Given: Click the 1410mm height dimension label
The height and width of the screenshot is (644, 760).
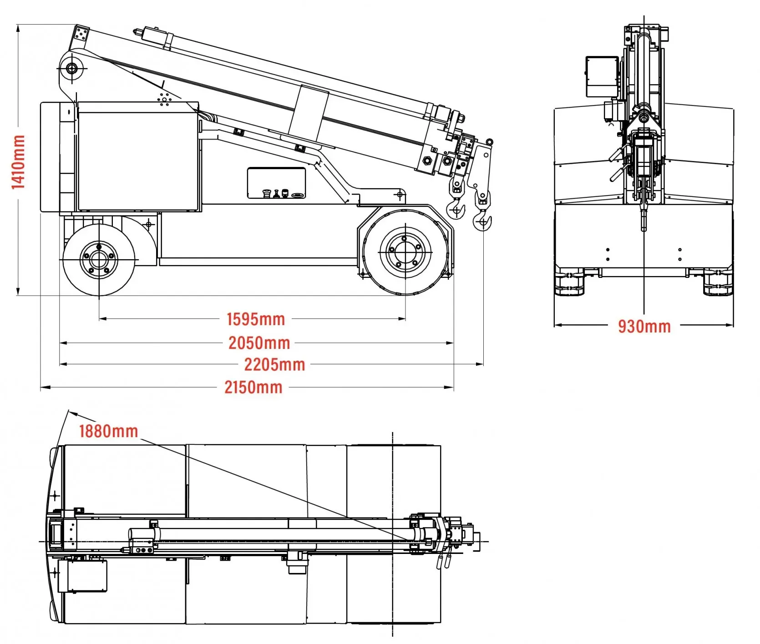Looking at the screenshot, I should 18,162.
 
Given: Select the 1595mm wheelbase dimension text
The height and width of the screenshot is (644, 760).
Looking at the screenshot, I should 256,319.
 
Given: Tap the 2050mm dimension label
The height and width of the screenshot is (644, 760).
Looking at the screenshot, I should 259,343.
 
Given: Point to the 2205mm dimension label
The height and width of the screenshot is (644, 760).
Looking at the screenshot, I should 274,364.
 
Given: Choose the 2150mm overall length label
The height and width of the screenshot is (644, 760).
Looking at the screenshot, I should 253,387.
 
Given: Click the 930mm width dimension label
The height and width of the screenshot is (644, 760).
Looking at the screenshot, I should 644,327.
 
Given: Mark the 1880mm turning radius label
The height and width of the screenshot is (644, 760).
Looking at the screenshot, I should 108,431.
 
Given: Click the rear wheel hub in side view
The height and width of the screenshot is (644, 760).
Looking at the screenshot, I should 98,260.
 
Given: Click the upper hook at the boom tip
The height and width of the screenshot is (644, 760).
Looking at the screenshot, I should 456,209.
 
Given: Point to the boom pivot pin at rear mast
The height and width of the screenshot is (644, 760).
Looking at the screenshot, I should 72,69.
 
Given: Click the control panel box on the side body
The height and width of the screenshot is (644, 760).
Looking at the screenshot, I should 276,183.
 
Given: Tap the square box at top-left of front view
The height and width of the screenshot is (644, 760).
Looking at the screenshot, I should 602,76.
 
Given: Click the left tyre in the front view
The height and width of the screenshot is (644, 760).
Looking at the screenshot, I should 568,282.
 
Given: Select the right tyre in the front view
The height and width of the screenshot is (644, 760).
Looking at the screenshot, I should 718,282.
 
